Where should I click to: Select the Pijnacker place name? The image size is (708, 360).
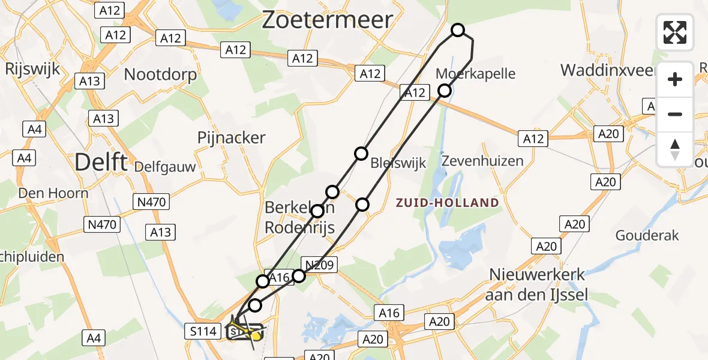(231, 137)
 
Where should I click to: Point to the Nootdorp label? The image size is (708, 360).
(160, 74)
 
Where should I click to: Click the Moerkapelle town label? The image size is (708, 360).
(476, 74)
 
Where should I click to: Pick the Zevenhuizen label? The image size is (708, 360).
(482, 161)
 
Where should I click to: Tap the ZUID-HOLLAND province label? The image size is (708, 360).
(448, 203)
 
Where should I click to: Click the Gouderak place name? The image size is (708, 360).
(647, 235)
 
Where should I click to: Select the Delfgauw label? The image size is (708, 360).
(165, 166)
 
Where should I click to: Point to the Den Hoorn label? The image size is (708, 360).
(53, 193)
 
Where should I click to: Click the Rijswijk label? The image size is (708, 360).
(32, 68)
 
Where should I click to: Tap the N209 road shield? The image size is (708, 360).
(322, 264)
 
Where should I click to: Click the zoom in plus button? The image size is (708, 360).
(675, 79)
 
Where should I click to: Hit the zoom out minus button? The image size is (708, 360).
(675, 114)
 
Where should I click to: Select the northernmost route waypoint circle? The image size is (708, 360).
(458, 30)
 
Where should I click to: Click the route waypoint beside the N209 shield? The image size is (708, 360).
(299, 275)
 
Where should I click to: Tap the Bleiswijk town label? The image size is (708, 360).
(389, 163)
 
